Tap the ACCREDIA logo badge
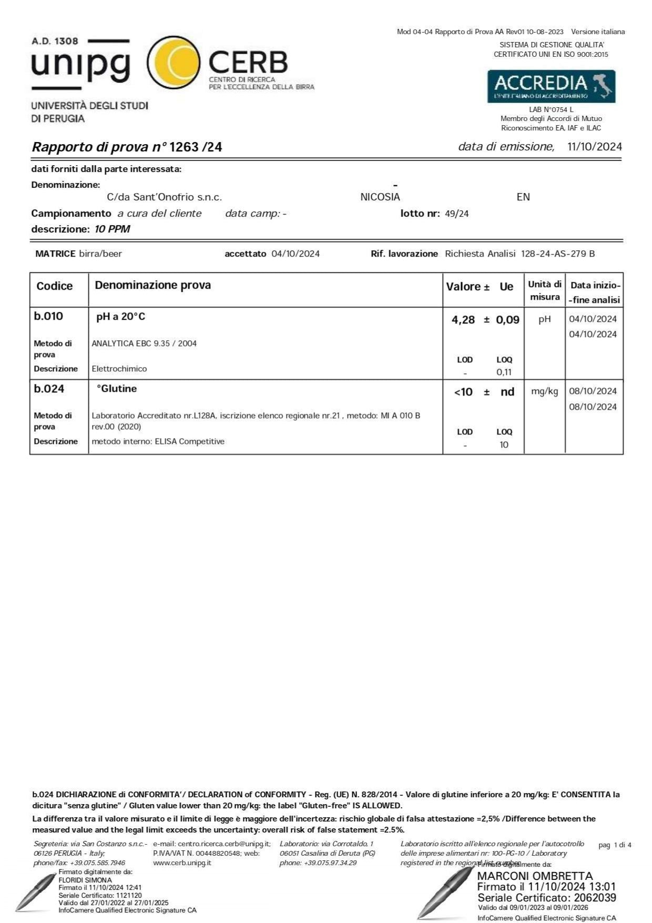pos(551,86)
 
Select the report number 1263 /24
pos(196,147)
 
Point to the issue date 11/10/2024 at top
pos(595,147)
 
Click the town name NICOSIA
pos(380,197)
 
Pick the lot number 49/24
pos(456,214)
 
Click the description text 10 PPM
pos(112,229)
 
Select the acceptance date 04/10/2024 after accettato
pos(296,254)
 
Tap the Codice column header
pos(55,286)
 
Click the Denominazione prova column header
pos(152,286)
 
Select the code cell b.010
pos(48,317)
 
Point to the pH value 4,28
pos(463,320)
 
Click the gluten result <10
pos(463,392)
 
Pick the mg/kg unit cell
pos(544,391)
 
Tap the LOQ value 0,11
pos(504,372)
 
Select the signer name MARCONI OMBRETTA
pos(534,876)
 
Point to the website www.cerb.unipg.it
pos(182,863)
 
